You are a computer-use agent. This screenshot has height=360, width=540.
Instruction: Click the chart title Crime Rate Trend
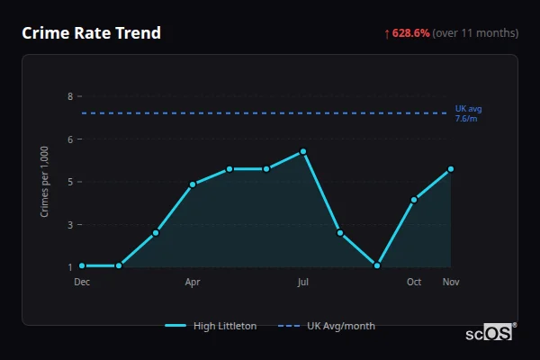pyautogui.click(x=92, y=33)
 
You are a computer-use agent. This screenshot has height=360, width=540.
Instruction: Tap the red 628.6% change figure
pyautogui.click(x=410, y=33)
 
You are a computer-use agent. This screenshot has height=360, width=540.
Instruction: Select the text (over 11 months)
pyautogui.click(x=475, y=33)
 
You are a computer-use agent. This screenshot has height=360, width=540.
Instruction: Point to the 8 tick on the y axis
pyautogui.click(x=70, y=96)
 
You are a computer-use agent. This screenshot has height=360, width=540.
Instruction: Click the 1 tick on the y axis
pyautogui.click(x=70, y=266)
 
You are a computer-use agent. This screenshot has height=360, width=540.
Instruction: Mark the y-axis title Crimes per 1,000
pyautogui.click(x=44, y=181)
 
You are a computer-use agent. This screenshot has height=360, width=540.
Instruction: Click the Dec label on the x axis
pyautogui.click(x=82, y=282)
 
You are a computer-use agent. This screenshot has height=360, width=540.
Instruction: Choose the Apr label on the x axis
pyautogui.click(x=193, y=282)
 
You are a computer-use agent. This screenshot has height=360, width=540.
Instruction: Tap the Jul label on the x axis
pyautogui.click(x=303, y=282)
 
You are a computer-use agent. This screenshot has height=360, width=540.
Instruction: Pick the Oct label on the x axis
pyautogui.click(x=414, y=282)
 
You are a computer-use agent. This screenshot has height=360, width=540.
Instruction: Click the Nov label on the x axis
pyautogui.click(x=450, y=282)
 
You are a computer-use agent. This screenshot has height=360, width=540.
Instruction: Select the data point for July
pyautogui.click(x=303, y=151)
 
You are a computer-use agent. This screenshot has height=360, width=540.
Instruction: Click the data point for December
pyautogui.click(x=82, y=265)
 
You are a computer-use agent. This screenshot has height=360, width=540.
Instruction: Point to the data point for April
pyautogui.click(x=193, y=184)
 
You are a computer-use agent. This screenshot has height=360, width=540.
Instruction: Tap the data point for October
pyautogui.click(x=414, y=200)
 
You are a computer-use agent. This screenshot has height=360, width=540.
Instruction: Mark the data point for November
pyautogui.click(x=451, y=169)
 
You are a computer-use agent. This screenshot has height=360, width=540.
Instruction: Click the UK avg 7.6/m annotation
pyautogui.click(x=468, y=113)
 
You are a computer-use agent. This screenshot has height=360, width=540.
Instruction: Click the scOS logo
pyautogui.click(x=490, y=332)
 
